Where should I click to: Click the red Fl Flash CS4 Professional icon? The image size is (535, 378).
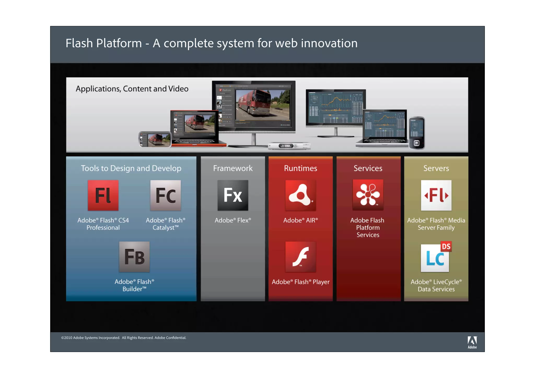103,195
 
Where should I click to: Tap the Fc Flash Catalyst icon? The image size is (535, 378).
165,195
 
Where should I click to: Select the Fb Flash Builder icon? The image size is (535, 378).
134,257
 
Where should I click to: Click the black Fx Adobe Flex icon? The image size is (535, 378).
233,195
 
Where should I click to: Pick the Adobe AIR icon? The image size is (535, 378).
300,195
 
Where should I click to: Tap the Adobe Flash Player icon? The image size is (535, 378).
300,257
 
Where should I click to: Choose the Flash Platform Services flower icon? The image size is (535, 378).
368,195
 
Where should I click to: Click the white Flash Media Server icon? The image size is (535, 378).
436,195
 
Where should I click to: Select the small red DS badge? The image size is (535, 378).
446,246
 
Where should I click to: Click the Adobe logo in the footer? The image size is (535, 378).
472,342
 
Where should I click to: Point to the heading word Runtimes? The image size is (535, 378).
300,168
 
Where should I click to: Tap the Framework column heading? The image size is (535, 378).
233,168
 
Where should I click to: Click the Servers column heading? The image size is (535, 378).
436,168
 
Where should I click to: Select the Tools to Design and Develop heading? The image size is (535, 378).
131,168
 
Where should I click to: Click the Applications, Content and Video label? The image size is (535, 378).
132,89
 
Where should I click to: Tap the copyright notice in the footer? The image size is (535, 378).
124,338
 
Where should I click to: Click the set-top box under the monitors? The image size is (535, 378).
289,146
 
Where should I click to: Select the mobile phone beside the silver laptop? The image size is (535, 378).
416,133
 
